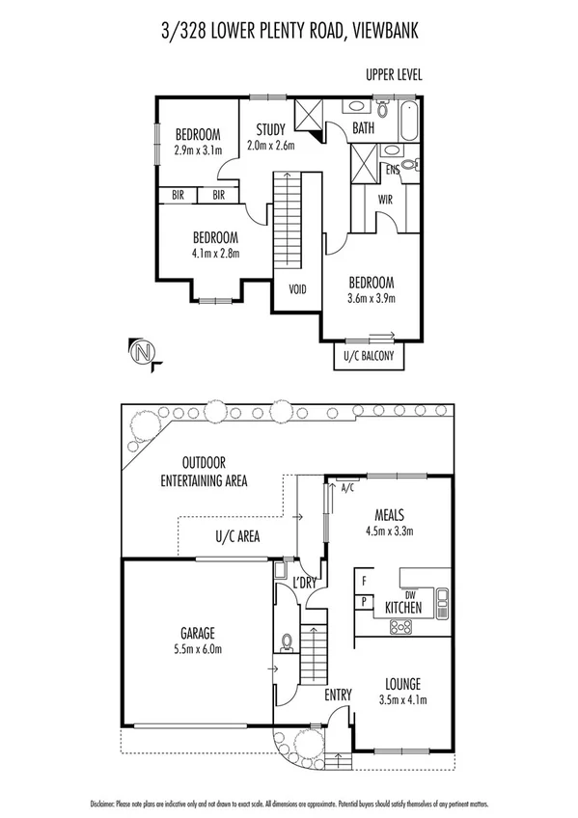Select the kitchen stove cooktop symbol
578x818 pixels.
(399, 626)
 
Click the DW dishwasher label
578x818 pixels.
(409, 594)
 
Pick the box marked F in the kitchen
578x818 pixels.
(364, 582)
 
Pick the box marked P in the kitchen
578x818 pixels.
(364, 601)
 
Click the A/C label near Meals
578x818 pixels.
(348, 489)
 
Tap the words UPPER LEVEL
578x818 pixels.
(394, 74)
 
